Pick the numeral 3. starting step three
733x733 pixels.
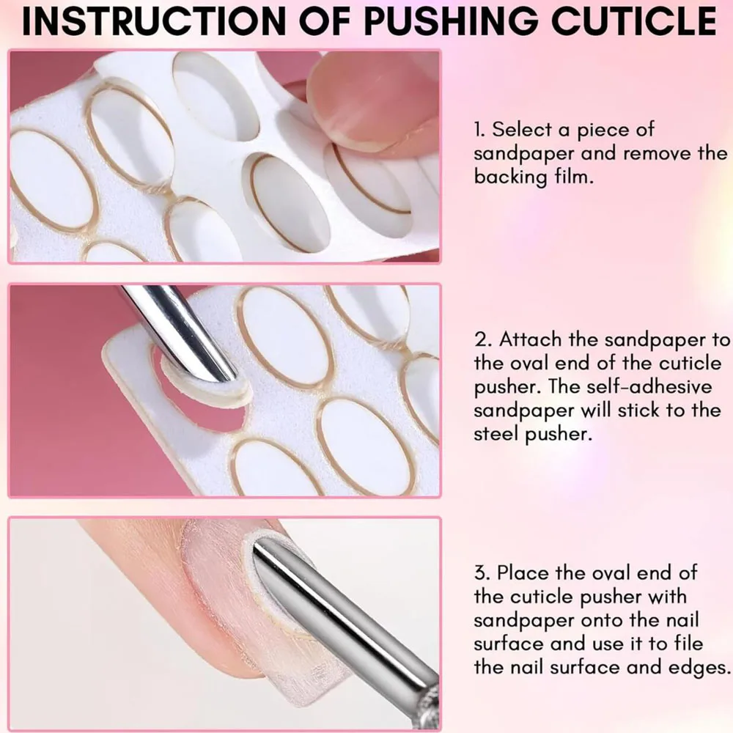[x=484, y=572]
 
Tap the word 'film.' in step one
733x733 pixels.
[x=571, y=177]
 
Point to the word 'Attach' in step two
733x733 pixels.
[x=534, y=340]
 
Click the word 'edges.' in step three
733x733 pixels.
[x=698, y=668]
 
